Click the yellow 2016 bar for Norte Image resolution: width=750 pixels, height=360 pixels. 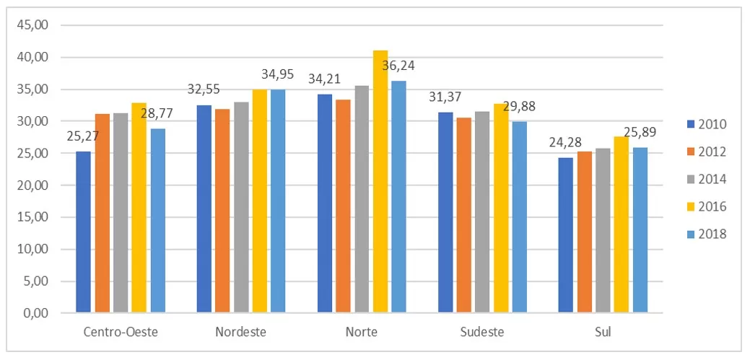coord(380,182)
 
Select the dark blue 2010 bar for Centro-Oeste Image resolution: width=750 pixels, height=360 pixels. coord(83,232)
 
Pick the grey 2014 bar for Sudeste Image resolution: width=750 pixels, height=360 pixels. coord(482,212)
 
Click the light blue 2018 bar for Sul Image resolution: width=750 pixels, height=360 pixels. coord(640,230)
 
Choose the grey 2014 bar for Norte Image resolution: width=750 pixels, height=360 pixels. coord(362,199)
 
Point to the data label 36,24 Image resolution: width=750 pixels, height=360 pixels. coord(398,65)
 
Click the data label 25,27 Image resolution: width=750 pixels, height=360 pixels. coord(83,136)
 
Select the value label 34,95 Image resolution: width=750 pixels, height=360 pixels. coord(277,74)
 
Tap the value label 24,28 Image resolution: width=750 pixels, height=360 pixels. coord(566,142)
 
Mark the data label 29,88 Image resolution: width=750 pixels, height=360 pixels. coord(519,105)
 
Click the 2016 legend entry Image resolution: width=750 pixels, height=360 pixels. coord(706,207)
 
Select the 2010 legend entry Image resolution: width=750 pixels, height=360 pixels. coord(706,124)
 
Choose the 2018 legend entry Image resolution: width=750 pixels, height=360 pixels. coord(706,234)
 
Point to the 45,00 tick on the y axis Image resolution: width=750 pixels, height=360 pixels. coord(32,25)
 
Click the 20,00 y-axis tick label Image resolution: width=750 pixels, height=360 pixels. coord(32,185)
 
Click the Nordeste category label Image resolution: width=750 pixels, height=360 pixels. coord(240,332)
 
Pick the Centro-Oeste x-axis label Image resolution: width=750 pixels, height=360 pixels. coord(120,332)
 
